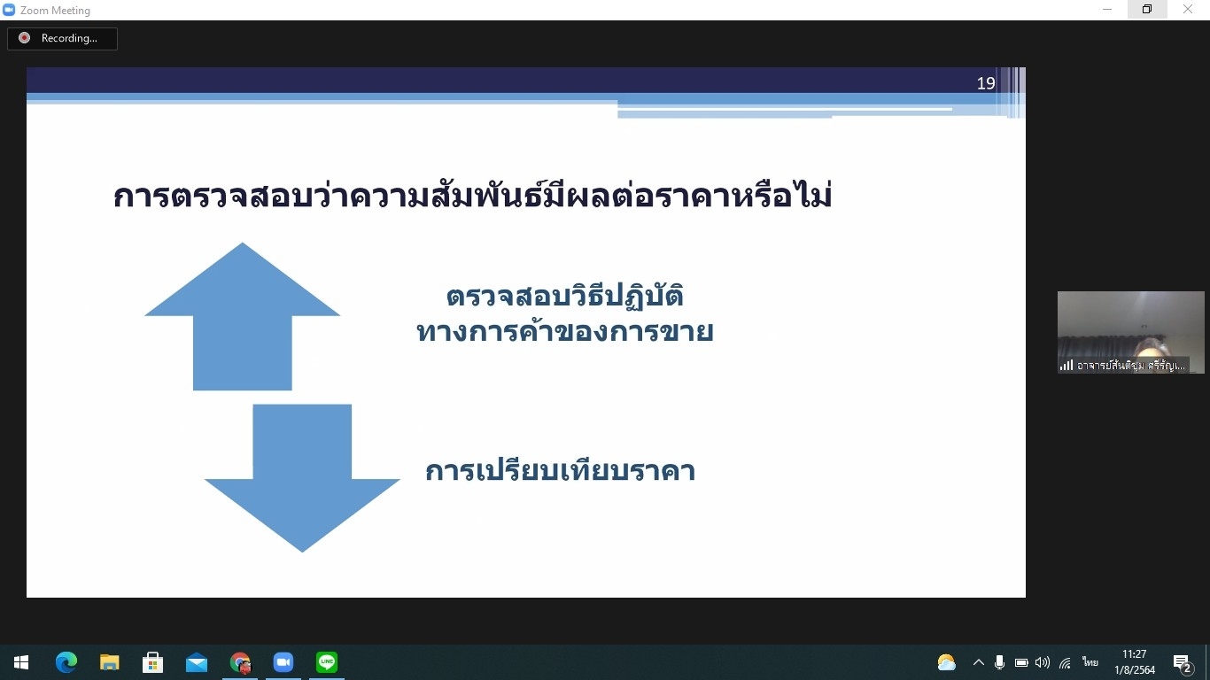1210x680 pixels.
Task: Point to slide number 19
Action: (985, 83)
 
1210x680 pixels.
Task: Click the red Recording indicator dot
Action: (24, 38)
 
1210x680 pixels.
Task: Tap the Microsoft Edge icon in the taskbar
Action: (66, 662)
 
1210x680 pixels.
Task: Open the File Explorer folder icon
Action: (109, 662)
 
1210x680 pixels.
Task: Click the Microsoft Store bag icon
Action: (152, 662)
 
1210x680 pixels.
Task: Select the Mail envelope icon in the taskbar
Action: (196, 662)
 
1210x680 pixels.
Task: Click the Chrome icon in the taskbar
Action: (240, 662)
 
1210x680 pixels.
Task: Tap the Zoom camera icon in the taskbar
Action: (283, 662)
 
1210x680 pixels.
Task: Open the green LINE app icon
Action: (326, 661)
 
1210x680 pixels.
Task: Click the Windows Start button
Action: (21, 662)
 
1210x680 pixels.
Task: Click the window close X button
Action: (1187, 9)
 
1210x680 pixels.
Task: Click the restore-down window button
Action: (1147, 9)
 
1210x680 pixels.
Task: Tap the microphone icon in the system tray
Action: (999, 662)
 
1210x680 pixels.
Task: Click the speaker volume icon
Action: (1042, 662)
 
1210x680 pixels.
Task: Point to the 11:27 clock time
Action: (1135, 654)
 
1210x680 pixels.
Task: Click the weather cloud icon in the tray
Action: (946, 662)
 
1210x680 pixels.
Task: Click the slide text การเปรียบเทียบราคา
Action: (560, 470)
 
